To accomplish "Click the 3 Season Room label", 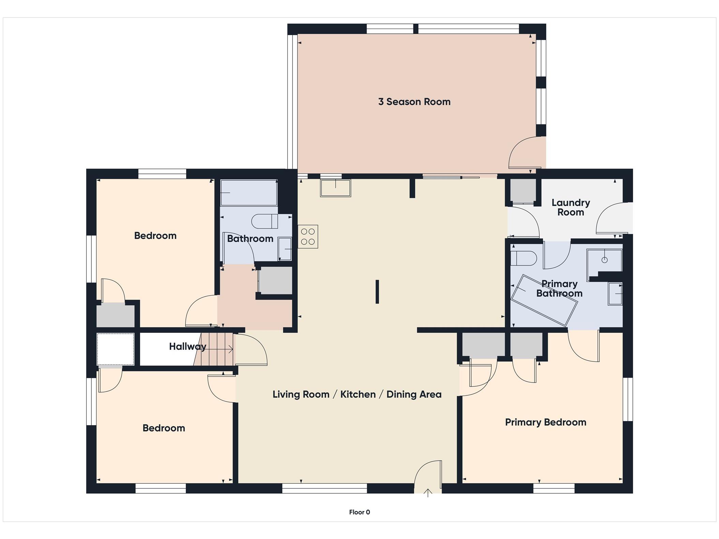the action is point(414,102).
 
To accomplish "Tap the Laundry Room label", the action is point(571,207).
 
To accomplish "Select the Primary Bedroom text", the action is point(545,422).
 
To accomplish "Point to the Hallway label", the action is point(188,347).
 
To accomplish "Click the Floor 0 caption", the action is point(359,512).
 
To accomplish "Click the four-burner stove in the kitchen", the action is point(308,237).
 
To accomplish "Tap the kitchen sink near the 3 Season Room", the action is point(335,188).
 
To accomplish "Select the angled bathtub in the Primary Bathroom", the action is point(544,300).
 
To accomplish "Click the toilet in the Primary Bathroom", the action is point(524,258).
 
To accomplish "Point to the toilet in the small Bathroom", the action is point(265,221).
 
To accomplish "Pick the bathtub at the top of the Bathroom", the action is point(249,193).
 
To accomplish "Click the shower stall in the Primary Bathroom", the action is point(604,260).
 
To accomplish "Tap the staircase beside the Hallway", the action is point(214,349).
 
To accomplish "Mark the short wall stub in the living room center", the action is point(377,291).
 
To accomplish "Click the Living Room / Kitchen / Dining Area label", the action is point(357,394).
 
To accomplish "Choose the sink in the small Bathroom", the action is point(285,249).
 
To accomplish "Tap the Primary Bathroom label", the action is point(559,288).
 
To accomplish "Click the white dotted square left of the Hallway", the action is point(116,349).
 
